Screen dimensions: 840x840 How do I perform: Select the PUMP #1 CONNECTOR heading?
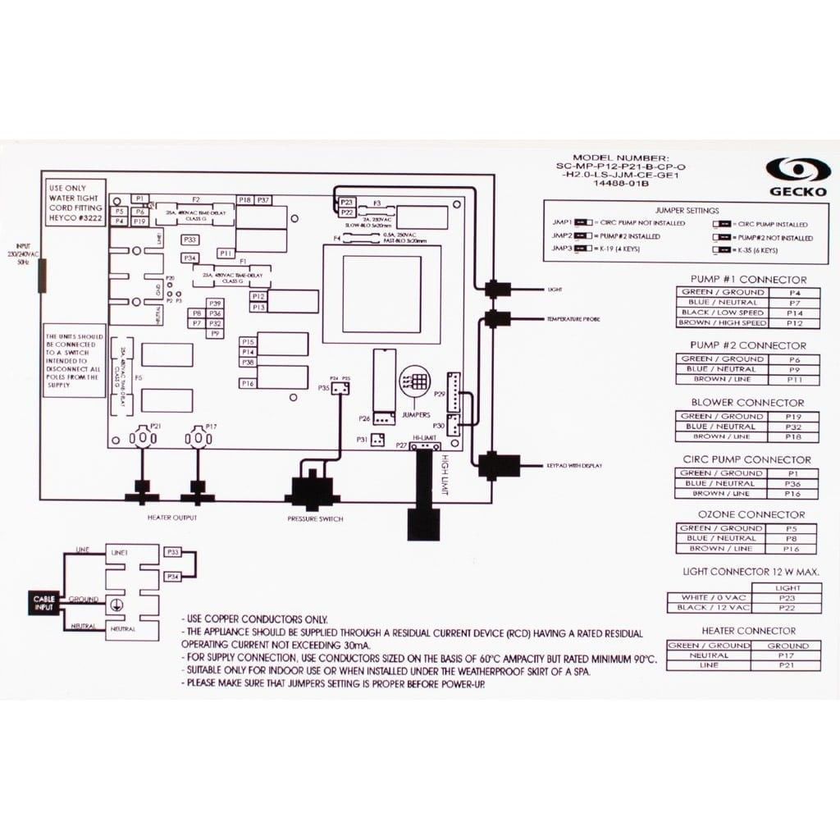(748, 280)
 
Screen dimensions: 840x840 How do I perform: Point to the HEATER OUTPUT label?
(171, 518)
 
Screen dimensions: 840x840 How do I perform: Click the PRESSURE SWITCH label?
(315, 519)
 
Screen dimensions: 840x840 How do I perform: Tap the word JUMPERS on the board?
(416, 415)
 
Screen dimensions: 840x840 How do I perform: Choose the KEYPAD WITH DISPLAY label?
(574, 466)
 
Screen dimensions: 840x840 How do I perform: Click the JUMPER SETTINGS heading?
(687, 211)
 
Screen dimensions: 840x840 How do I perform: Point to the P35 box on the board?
(324, 388)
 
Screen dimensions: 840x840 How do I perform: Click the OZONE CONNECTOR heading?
(748, 514)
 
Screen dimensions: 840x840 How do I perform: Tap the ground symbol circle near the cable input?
(118, 601)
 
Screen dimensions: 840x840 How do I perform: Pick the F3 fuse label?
(377, 201)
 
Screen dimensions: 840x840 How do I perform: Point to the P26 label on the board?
(364, 418)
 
